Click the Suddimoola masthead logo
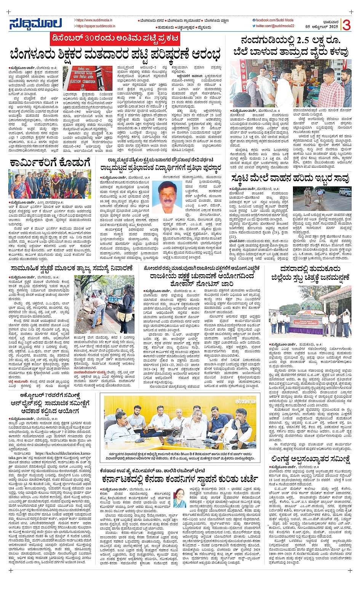tap(35, 23)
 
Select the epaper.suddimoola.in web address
tap(94, 26)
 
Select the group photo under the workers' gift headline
tap(49, 184)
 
